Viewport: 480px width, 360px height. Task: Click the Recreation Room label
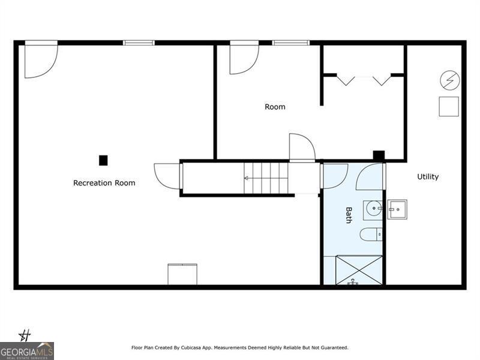pos(104,183)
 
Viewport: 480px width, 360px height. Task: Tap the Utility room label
pos(428,176)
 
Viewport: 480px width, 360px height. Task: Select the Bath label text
pos(349,215)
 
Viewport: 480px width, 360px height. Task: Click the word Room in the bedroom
pos(275,107)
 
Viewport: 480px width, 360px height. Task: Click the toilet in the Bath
pos(369,234)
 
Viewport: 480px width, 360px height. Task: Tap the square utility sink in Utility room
pos(397,209)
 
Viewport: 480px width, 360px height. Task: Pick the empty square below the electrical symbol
pos(449,106)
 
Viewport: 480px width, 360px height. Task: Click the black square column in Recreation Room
pos(103,160)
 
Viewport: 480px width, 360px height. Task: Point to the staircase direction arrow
pos(247,178)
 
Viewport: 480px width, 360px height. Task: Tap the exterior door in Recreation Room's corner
pos(40,60)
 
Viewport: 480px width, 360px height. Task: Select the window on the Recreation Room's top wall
pos(139,43)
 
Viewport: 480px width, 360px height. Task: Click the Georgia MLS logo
pos(27,350)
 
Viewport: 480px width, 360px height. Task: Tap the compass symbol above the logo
pos(26,335)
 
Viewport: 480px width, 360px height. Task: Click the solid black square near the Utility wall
pos(379,155)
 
